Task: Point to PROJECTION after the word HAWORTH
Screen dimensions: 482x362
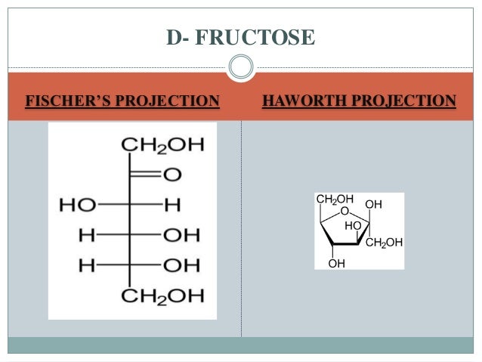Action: coord(400,101)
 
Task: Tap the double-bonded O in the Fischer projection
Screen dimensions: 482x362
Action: coord(172,175)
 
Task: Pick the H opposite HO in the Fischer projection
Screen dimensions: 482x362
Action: coord(173,205)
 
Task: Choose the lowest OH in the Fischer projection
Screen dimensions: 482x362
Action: coord(181,265)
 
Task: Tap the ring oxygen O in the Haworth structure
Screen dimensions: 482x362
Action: coord(344,211)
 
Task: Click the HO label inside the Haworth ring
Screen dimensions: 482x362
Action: coord(352,225)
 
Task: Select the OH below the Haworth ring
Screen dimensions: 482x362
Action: coord(337,263)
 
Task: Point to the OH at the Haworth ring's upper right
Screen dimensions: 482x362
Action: coord(373,204)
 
